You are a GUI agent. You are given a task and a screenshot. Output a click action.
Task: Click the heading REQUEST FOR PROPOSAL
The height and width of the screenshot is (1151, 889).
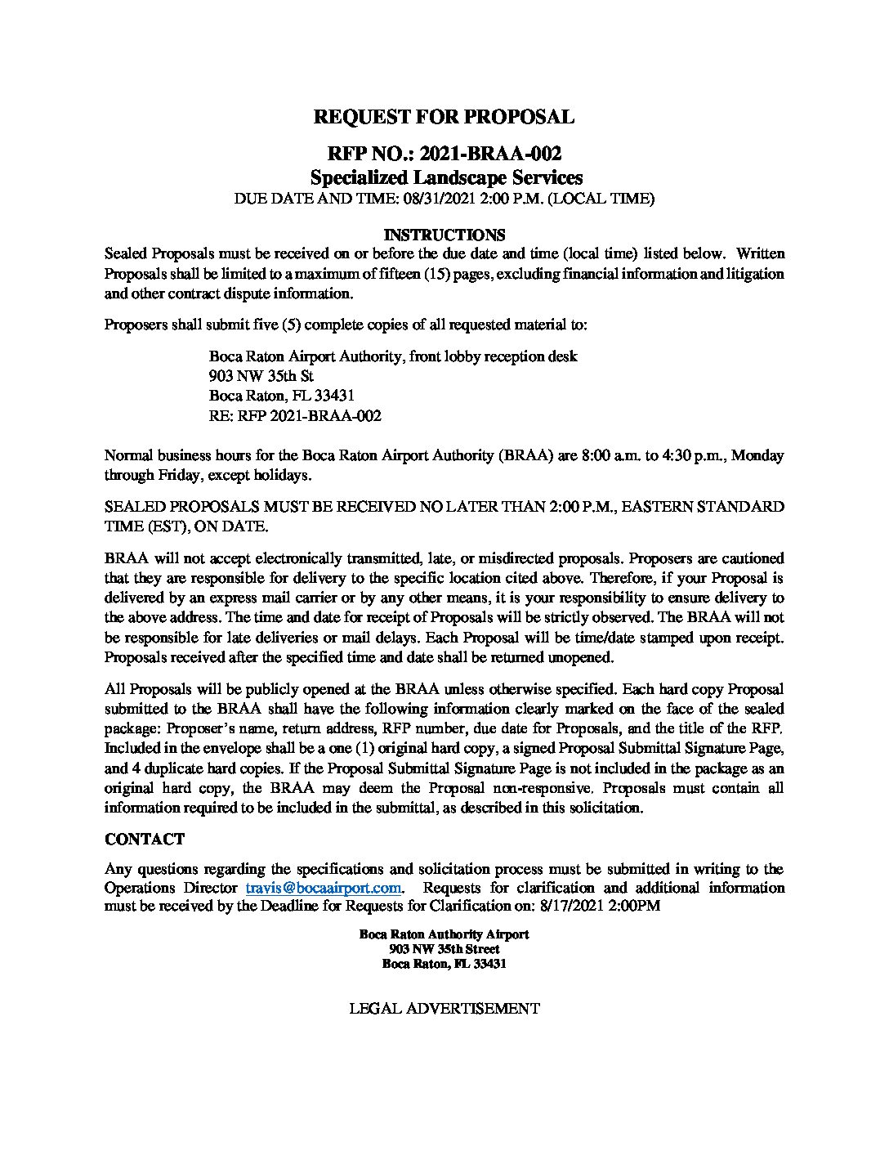click(x=444, y=117)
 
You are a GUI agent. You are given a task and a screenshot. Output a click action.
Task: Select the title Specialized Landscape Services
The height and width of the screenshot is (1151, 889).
click(x=445, y=177)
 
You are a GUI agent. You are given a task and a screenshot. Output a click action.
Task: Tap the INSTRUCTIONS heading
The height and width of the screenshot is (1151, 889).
click(x=444, y=235)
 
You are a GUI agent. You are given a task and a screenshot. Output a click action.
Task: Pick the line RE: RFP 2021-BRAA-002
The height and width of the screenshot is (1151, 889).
click(x=295, y=416)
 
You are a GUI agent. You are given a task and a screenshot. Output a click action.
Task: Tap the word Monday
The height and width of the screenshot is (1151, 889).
click(x=757, y=455)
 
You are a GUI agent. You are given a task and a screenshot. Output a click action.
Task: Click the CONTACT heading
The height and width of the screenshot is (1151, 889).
click(x=145, y=840)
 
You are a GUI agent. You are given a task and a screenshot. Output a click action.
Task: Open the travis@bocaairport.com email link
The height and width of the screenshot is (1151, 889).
click(x=324, y=888)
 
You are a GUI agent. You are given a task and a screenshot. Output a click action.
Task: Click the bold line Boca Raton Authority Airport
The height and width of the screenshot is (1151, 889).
click(x=444, y=934)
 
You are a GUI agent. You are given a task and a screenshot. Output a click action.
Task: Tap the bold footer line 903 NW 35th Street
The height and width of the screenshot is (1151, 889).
click(x=444, y=949)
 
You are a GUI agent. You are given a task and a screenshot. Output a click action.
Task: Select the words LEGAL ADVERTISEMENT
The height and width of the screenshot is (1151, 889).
click(x=444, y=1009)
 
